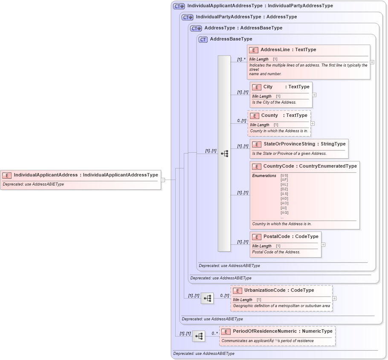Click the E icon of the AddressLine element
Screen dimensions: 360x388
point(254,50)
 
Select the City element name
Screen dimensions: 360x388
point(268,87)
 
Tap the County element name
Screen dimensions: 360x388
point(269,116)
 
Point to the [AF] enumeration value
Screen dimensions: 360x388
point(284,180)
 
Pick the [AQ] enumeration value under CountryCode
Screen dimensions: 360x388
point(284,212)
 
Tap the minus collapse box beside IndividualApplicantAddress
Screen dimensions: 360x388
point(163,180)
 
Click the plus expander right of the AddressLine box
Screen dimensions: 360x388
point(372,62)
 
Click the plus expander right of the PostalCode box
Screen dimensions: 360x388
point(323,245)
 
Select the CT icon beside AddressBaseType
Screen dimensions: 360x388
point(203,39)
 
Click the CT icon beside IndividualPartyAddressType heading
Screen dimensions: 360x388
point(188,17)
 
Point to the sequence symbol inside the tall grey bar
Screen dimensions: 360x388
point(224,154)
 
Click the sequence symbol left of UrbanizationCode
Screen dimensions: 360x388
point(207,299)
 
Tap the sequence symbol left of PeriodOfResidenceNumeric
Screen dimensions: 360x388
point(199,337)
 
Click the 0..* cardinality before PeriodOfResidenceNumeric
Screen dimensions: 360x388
point(214,334)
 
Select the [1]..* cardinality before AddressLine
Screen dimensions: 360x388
point(241,60)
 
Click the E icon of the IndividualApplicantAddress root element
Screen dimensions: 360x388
point(7,175)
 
